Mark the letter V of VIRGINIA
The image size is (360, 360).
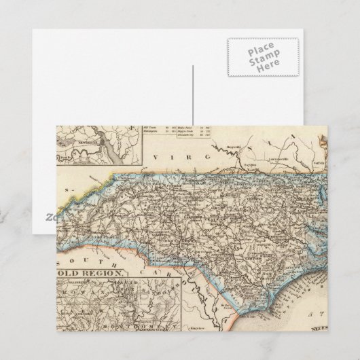[x=156, y=157]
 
